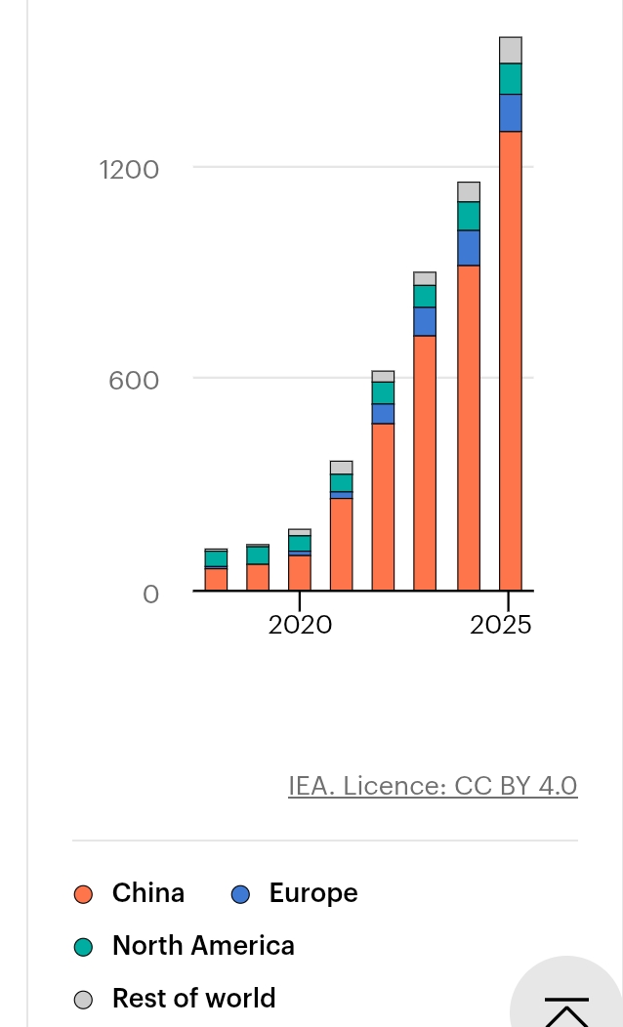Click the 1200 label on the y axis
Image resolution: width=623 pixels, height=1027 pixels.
[129, 170]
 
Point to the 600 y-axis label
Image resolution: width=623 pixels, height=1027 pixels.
[134, 381]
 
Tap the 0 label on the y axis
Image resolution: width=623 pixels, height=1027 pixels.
[150, 595]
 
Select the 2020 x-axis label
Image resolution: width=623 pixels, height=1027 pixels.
[300, 625]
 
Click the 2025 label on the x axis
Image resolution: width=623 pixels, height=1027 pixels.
[501, 625]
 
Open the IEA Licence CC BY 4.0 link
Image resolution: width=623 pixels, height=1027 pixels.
[433, 785]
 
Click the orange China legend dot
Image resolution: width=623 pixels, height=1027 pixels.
[83, 894]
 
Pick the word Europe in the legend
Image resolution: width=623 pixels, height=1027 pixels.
[313, 893]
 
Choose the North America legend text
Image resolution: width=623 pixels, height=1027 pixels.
[204, 946]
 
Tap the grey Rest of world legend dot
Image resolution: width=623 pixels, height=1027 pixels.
[83, 1000]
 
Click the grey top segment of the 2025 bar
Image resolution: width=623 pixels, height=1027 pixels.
[511, 51]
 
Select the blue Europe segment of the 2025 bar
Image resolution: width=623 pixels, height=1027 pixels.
[511, 112]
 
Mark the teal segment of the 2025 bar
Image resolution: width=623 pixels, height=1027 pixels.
[511, 79]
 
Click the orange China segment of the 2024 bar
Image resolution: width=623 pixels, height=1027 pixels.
[469, 428]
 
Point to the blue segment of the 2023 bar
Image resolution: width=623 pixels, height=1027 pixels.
[425, 321]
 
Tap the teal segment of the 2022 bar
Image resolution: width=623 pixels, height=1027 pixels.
[383, 393]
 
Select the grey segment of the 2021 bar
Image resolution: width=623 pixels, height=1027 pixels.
[342, 468]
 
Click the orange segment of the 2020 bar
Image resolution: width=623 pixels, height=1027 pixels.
[300, 573]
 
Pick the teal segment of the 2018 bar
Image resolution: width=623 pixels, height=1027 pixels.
[216, 558]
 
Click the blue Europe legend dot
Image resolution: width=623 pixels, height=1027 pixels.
[240, 894]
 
